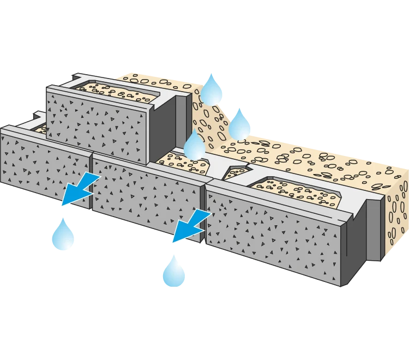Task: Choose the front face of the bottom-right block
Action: (273, 235)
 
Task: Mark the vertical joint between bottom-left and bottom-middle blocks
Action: (91, 180)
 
